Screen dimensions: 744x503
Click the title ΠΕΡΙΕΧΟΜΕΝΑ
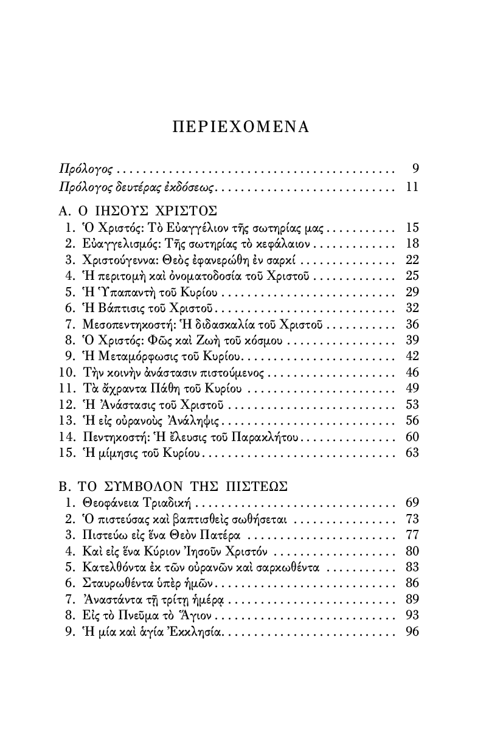(x=241, y=127)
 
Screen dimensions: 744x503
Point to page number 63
(x=412, y=453)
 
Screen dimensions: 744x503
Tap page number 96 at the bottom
(x=412, y=631)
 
